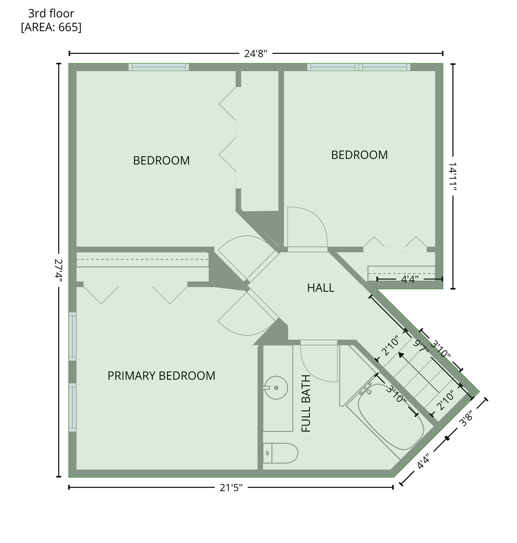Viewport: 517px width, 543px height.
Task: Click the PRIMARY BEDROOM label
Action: point(161,375)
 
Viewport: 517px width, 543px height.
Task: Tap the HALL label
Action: point(320,288)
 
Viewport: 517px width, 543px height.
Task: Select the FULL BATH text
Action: point(306,403)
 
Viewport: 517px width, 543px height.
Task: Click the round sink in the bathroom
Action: point(275,387)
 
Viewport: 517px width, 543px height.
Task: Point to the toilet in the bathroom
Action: point(280,453)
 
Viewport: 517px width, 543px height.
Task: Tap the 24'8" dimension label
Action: point(256,53)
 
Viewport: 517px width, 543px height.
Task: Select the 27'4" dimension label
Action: point(59,270)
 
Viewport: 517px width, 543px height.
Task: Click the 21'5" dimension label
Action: point(231,488)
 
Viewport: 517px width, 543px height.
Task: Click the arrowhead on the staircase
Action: point(401,355)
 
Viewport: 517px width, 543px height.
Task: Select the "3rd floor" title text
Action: point(51,13)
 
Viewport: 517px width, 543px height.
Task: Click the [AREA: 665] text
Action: point(51,27)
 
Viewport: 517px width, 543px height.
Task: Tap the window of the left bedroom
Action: point(159,67)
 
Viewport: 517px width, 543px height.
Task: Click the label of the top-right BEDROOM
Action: point(360,155)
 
